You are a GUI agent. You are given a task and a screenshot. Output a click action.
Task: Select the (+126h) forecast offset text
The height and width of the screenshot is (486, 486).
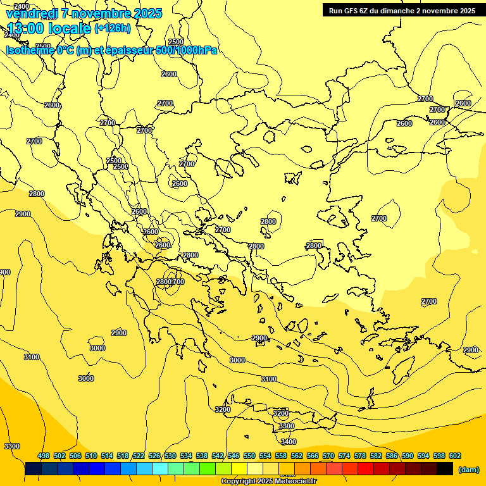point(112,28)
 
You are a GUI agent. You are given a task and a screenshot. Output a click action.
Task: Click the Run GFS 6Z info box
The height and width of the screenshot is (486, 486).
point(402,11)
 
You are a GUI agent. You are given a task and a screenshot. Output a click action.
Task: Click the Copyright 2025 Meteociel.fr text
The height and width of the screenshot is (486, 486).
point(268,482)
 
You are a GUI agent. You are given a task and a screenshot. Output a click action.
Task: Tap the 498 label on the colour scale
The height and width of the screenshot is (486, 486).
point(44,456)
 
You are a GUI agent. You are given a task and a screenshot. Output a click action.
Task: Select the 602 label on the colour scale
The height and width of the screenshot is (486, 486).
point(455,456)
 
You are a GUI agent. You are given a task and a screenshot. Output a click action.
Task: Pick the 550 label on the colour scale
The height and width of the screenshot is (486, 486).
point(249,456)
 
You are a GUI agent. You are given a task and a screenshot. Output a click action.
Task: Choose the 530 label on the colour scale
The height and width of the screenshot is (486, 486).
point(170,456)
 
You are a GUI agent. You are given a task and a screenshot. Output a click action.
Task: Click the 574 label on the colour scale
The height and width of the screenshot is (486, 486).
point(344,456)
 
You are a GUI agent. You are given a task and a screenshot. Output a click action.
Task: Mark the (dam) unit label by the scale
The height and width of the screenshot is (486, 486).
point(468,470)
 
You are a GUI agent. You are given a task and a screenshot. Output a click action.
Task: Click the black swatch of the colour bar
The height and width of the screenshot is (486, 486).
point(445,469)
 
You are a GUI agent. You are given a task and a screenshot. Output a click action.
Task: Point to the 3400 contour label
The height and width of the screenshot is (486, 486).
point(288,442)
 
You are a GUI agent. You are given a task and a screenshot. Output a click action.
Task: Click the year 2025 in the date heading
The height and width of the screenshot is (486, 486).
point(147,13)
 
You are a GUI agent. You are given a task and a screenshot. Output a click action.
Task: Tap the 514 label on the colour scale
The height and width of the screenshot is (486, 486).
point(107,456)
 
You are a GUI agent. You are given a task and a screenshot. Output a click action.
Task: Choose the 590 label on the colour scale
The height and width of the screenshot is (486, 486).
point(408,456)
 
